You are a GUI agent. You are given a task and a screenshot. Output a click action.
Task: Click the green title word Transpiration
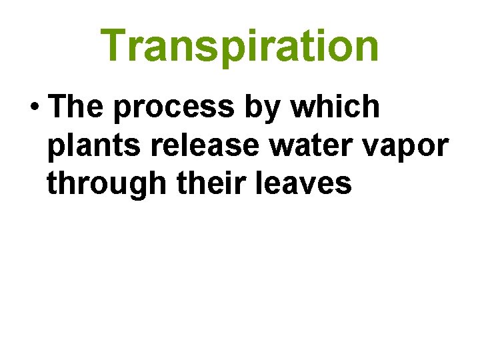tap(241, 45)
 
